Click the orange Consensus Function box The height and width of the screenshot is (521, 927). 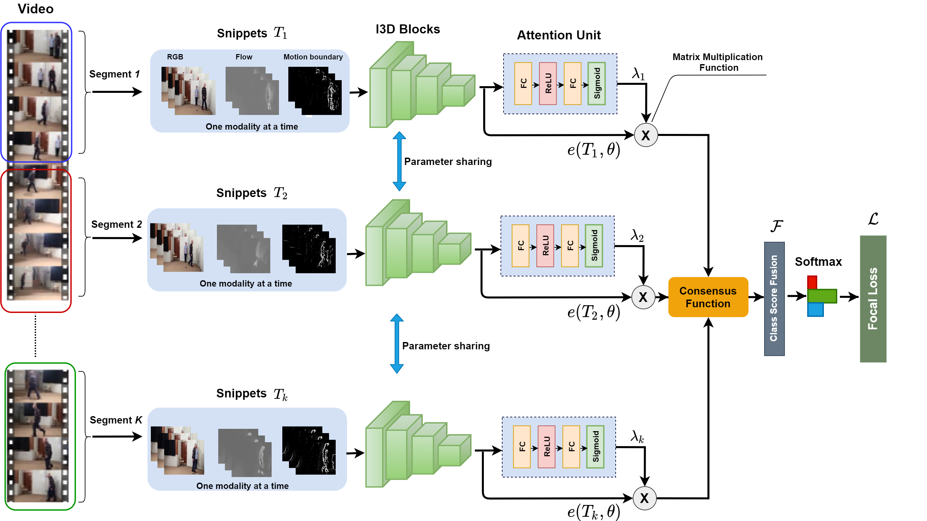point(707,297)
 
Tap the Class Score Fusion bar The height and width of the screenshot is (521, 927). point(774,299)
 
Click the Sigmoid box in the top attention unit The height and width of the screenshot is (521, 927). point(596,83)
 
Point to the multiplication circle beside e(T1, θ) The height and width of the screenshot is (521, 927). point(645,135)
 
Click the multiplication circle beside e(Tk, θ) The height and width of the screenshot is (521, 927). point(644,498)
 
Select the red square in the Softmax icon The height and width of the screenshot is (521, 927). point(812,282)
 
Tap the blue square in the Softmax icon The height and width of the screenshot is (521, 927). point(815,309)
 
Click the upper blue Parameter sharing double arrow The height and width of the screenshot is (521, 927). point(399,161)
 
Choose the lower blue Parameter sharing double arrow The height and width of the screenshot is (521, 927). point(396,344)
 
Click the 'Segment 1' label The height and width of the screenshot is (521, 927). point(114,74)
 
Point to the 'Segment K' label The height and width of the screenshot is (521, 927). point(115,420)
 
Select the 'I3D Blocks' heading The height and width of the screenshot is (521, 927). point(407,29)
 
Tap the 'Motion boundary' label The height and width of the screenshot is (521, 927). point(313,57)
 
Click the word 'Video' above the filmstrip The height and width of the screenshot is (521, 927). point(36,9)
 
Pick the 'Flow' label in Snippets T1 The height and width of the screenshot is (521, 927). point(244,57)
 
